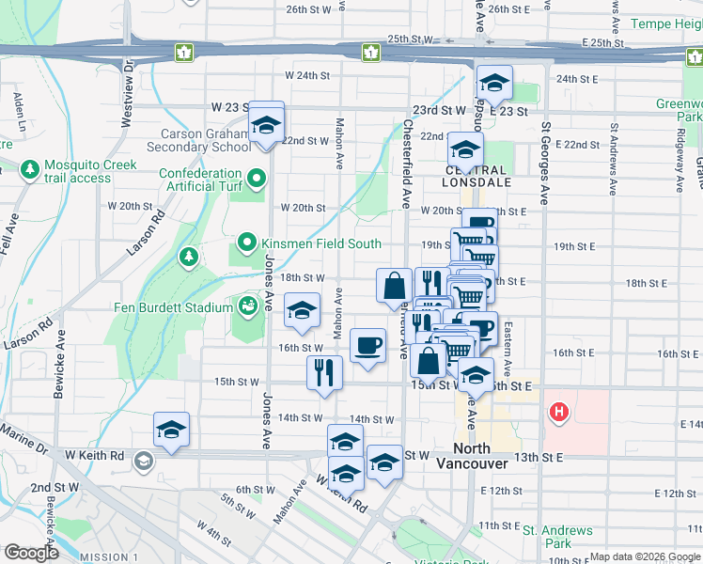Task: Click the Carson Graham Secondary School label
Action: [x=205, y=140]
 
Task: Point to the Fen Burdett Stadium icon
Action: [x=248, y=306]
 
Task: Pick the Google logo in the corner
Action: [x=32, y=553]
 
